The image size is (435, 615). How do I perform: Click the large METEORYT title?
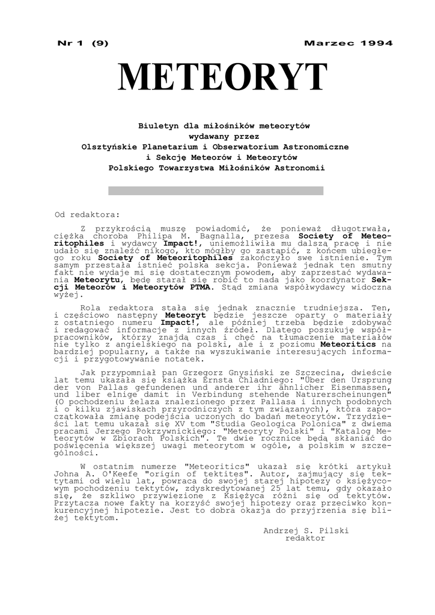(223, 79)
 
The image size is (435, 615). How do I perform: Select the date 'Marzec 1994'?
(348, 43)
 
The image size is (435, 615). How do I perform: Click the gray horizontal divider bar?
(216, 190)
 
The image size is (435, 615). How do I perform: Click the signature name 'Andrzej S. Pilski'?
(306, 530)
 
